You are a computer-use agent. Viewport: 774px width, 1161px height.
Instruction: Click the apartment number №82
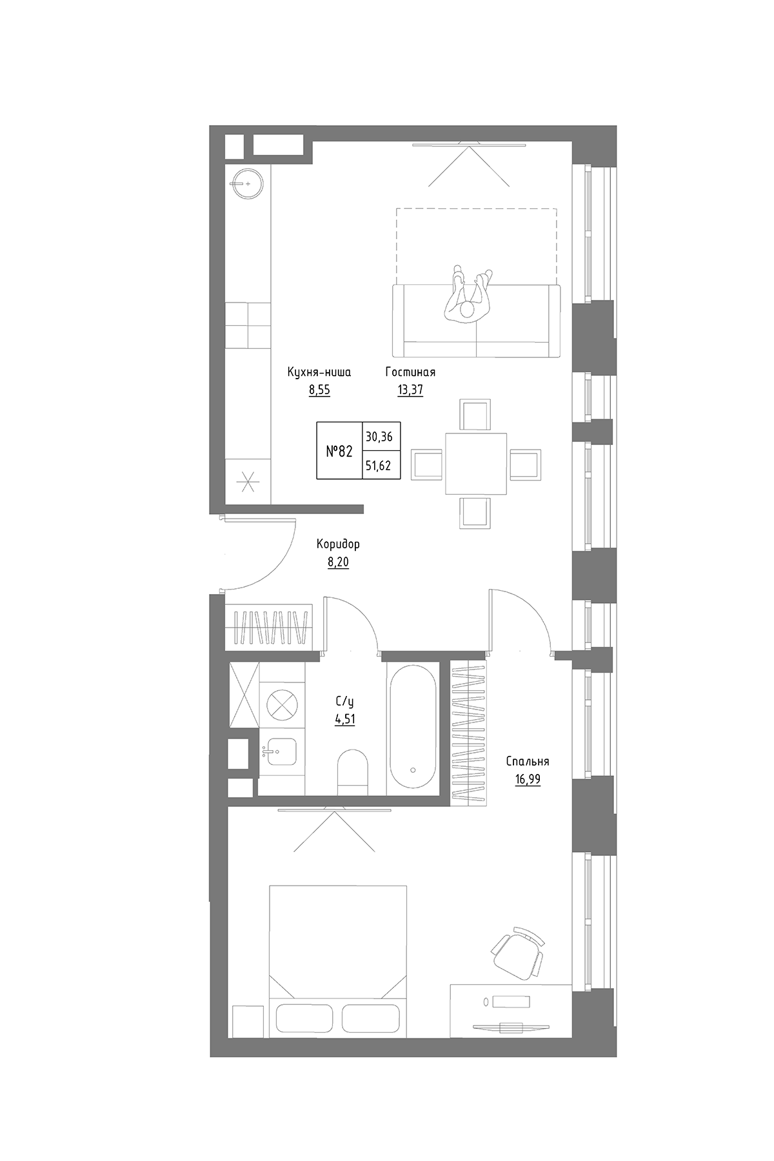click(339, 451)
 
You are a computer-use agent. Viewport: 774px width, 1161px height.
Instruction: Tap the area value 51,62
click(379, 465)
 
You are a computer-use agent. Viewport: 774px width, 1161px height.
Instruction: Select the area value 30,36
click(379, 437)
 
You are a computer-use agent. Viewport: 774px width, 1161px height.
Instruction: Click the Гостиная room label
click(410, 372)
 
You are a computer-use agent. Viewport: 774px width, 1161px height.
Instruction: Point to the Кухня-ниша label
click(319, 372)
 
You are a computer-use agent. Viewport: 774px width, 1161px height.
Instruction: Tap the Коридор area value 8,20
click(338, 562)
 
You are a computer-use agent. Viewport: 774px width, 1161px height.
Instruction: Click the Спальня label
click(528, 761)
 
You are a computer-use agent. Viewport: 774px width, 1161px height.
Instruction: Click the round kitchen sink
click(246, 183)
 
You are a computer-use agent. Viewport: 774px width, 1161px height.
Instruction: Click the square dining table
click(476, 463)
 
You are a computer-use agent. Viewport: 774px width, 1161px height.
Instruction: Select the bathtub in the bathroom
click(413, 728)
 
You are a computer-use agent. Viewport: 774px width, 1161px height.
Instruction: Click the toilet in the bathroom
click(352, 769)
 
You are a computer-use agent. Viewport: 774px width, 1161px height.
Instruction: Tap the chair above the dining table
click(475, 414)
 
